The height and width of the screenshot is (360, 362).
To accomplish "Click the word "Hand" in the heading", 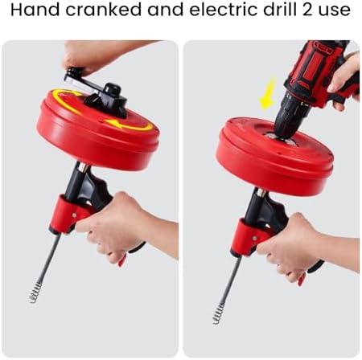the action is tap(35, 10).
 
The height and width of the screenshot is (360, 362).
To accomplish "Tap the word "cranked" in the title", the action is tap(103, 10).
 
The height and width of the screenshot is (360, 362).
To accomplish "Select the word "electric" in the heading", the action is tap(224, 10).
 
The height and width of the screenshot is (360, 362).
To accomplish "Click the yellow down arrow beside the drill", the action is tap(267, 94).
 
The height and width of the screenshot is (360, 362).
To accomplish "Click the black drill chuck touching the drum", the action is tap(287, 118).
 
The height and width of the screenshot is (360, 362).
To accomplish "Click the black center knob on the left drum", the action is tap(113, 91).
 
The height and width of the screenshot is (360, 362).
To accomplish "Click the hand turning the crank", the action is tap(99, 56).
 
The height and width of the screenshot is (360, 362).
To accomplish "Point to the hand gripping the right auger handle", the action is tap(300, 247).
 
